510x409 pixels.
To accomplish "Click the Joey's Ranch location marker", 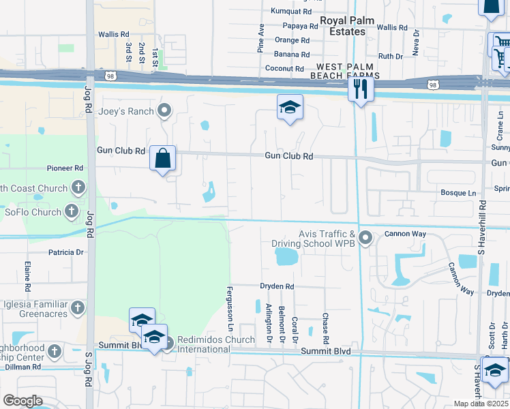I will tap(164, 110).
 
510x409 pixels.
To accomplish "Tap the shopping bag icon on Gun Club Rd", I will tap(162, 159).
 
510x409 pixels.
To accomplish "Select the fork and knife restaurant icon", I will tap(361, 89).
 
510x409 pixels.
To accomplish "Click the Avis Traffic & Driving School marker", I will tap(366, 238).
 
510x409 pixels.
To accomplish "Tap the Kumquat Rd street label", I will tap(291, 12).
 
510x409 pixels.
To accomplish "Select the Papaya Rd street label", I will tap(296, 27).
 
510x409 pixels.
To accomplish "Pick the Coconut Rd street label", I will tap(284, 69).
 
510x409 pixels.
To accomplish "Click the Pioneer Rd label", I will tap(65, 168).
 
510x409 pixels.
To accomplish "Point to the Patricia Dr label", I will tap(65, 252).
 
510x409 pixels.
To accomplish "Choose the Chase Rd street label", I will tap(326, 329).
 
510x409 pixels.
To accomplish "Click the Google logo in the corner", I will tap(22, 401).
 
